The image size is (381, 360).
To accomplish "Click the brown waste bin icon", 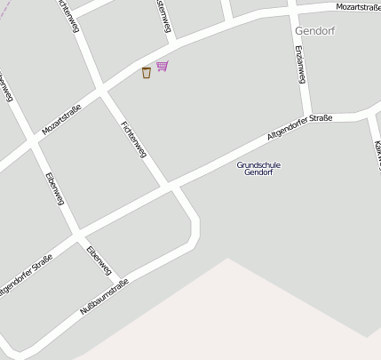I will click(x=146, y=73).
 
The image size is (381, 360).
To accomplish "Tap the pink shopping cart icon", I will click(x=162, y=66).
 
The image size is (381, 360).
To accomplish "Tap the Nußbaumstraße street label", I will click(x=105, y=296).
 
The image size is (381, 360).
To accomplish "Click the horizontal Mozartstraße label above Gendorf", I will click(x=357, y=7).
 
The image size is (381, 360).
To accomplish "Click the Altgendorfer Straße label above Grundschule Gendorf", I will click(x=299, y=127).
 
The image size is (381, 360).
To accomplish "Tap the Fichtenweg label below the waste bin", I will click(x=132, y=140).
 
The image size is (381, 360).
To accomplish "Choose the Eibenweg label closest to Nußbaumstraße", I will click(x=99, y=259).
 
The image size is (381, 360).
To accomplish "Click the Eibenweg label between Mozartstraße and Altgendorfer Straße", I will click(x=54, y=188).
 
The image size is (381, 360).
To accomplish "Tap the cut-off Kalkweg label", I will click(x=377, y=156).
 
